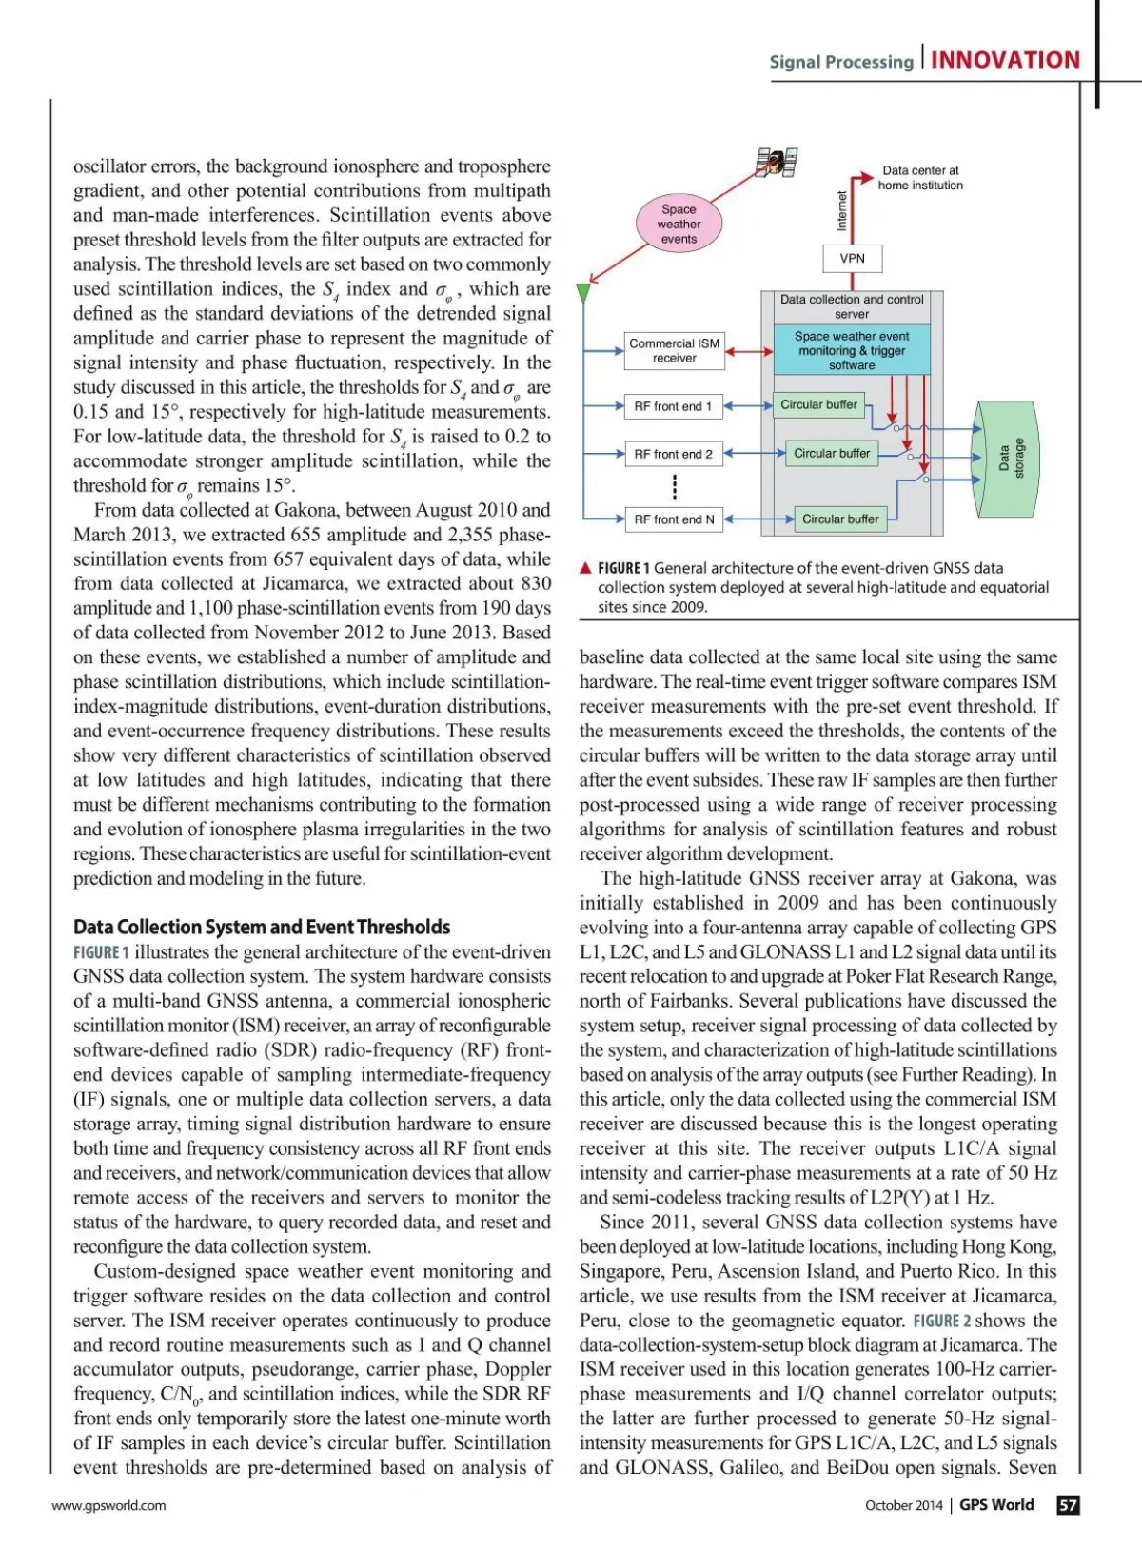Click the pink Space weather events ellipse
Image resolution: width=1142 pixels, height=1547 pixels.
tap(679, 225)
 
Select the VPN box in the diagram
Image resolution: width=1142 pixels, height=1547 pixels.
tap(852, 259)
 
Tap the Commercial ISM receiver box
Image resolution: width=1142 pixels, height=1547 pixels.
tap(675, 351)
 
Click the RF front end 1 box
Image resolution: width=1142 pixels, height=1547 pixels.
tap(673, 406)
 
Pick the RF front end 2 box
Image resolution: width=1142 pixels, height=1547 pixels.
tap(673, 455)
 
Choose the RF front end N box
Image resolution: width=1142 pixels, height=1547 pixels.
tap(673, 519)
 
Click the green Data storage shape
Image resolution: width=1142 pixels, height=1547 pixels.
tap(1008, 458)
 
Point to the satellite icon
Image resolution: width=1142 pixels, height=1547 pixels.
tap(777, 163)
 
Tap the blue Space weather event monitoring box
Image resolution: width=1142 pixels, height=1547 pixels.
tap(851, 351)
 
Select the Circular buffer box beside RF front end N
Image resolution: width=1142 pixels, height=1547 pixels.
tap(840, 519)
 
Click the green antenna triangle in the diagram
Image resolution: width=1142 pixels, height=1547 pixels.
tap(583, 292)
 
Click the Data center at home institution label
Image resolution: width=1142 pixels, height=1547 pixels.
tap(920, 178)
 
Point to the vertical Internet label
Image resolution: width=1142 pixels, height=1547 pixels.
tap(841, 211)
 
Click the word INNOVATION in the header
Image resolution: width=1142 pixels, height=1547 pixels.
tap(1005, 61)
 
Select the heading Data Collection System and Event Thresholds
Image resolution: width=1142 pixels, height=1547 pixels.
tap(262, 928)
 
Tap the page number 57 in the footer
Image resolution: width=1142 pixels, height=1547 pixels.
tap(1069, 1505)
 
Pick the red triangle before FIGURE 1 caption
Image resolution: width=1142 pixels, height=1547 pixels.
tap(586, 569)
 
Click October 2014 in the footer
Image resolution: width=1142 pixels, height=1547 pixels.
tap(903, 1505)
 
